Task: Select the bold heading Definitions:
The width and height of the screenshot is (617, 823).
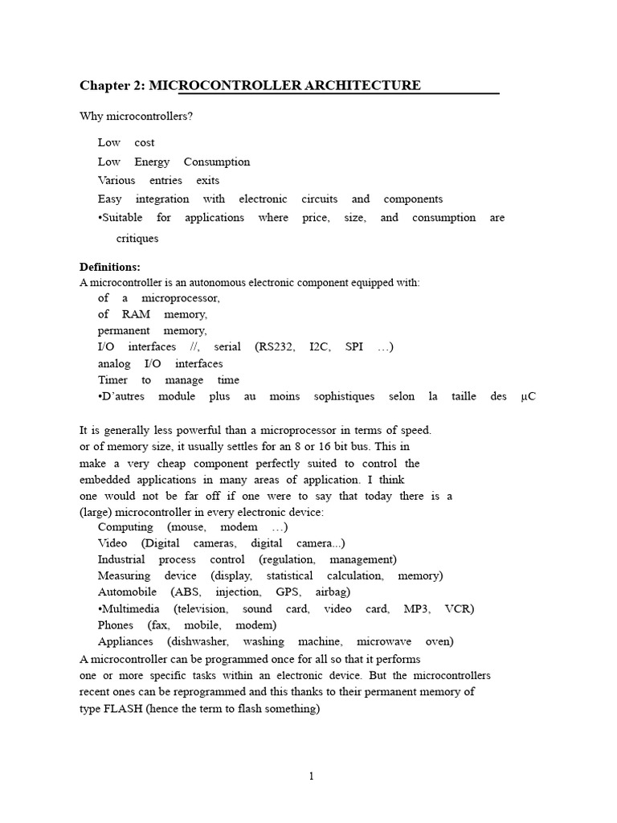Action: [110, 267]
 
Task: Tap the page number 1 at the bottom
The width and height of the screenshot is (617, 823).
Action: [312, 776]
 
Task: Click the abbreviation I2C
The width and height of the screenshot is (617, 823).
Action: [321, 347]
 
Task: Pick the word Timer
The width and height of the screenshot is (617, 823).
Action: [112, 380]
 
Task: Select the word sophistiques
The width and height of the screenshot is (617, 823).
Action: [345, 396]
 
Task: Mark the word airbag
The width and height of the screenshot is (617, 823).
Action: [333, 592]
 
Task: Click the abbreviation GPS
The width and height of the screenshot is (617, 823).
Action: [288, 592]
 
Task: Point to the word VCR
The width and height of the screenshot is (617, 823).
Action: [459, 608]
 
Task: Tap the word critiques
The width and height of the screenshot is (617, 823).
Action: [137, 239]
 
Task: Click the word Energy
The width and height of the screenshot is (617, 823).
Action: [152, 162]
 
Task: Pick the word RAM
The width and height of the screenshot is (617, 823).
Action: [136, 314]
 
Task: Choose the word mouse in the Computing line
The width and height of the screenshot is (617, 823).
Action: [187, 527]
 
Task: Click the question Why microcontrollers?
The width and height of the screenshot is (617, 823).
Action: [137, 117]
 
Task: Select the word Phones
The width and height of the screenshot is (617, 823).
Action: [116, 624]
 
